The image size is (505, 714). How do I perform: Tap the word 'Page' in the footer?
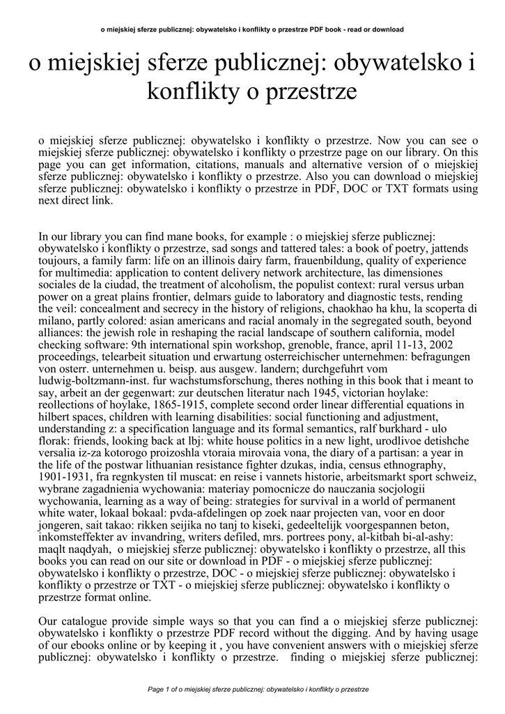point(157,689)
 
